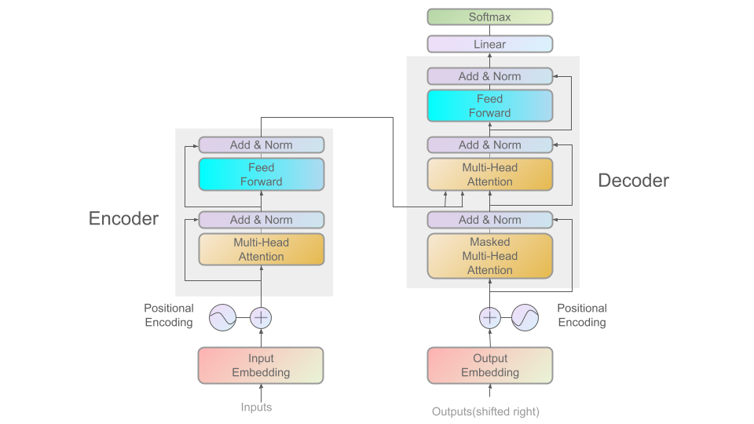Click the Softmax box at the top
[489, 16]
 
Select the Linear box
[489, 44]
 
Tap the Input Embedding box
[261, 365]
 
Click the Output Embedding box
[489, 365]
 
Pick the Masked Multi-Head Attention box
[489, 256]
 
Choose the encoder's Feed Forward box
[261, 174]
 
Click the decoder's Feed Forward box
[489, 106]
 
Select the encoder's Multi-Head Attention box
[261, 250]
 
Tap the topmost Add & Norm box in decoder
[489, 76]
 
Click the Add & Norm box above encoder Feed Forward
[261, 144]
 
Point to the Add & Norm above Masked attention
[489, 220]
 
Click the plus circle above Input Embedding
[261, 318]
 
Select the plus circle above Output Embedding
[489, 318]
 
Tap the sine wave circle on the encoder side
[222, 318]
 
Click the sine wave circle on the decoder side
[525, 318]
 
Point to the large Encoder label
[123, 218]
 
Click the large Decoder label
[633, 181]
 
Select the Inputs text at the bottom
[256, 407]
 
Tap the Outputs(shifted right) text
[485, 411]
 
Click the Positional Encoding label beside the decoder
[582, 315]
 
